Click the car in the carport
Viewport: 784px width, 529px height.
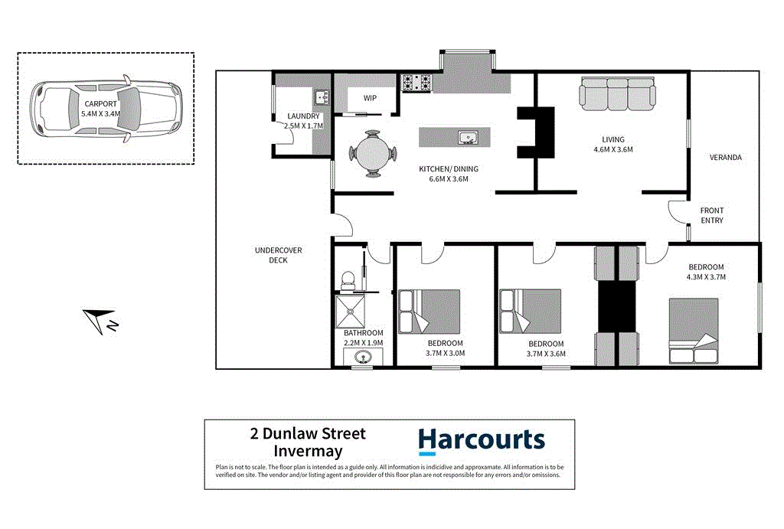(106, 108)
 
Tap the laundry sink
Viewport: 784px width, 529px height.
(321, 98)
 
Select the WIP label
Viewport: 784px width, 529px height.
(370, 98)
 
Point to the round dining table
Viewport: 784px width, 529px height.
(374, 152)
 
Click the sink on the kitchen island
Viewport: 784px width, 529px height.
(468, 138)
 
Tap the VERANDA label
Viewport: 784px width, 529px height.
(725, 158)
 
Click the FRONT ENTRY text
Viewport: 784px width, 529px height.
(711, 215)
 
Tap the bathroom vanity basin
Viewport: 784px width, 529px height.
(364, 357)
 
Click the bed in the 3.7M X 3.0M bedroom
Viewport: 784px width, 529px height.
(430, 311)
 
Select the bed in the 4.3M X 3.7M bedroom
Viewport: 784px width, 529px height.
(694, 331)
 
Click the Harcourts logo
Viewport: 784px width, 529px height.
(481, 441)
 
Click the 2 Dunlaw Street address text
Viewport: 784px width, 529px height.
(308, 434)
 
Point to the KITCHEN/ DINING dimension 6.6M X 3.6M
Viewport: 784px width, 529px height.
(443, 179)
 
